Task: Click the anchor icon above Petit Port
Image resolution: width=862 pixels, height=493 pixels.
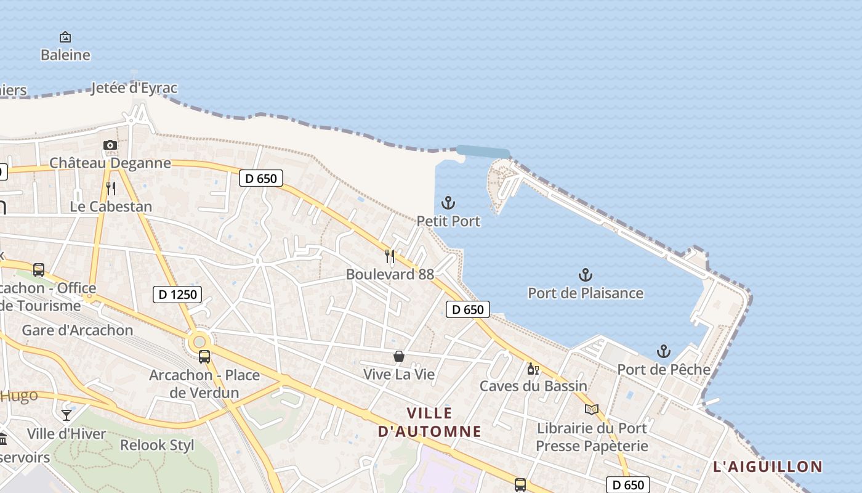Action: click(448, 203)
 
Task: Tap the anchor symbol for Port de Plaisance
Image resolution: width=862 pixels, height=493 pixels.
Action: click(586, 275)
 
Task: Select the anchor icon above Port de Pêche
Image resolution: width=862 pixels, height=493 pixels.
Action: click(663, 351)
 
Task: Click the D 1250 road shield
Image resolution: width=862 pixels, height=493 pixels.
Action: click(177, 295)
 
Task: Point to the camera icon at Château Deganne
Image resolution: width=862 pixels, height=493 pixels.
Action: click(110, 145)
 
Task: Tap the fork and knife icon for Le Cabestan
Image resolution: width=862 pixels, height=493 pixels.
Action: click(111, 188)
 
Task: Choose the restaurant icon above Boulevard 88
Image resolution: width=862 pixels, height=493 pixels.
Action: click(390, 256)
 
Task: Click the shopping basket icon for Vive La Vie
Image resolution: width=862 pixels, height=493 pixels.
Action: click(399, 356)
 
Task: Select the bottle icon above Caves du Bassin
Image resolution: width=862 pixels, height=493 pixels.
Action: click(533, 369)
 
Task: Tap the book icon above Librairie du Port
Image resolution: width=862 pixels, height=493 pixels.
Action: click(592, 409)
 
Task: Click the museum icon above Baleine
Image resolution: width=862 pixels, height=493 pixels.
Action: click(65, 37)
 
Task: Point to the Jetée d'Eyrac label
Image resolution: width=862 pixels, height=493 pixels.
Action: click(134, 88)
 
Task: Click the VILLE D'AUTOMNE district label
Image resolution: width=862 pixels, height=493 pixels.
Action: click(430, 422)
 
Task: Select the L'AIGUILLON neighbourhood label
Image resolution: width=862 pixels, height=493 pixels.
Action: click(768, 467)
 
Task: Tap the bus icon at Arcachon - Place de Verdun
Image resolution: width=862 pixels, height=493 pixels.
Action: click(204, 356)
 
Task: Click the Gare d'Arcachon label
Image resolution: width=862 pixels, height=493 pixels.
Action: click(78, 330)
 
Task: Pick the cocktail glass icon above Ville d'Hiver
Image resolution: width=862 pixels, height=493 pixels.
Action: click(66, 415)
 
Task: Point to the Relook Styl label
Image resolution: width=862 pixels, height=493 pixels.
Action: click(157, 445)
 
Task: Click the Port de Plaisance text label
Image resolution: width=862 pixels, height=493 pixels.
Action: click(586, 293)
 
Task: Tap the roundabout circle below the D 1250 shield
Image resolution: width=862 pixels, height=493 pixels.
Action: click(199, 341)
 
